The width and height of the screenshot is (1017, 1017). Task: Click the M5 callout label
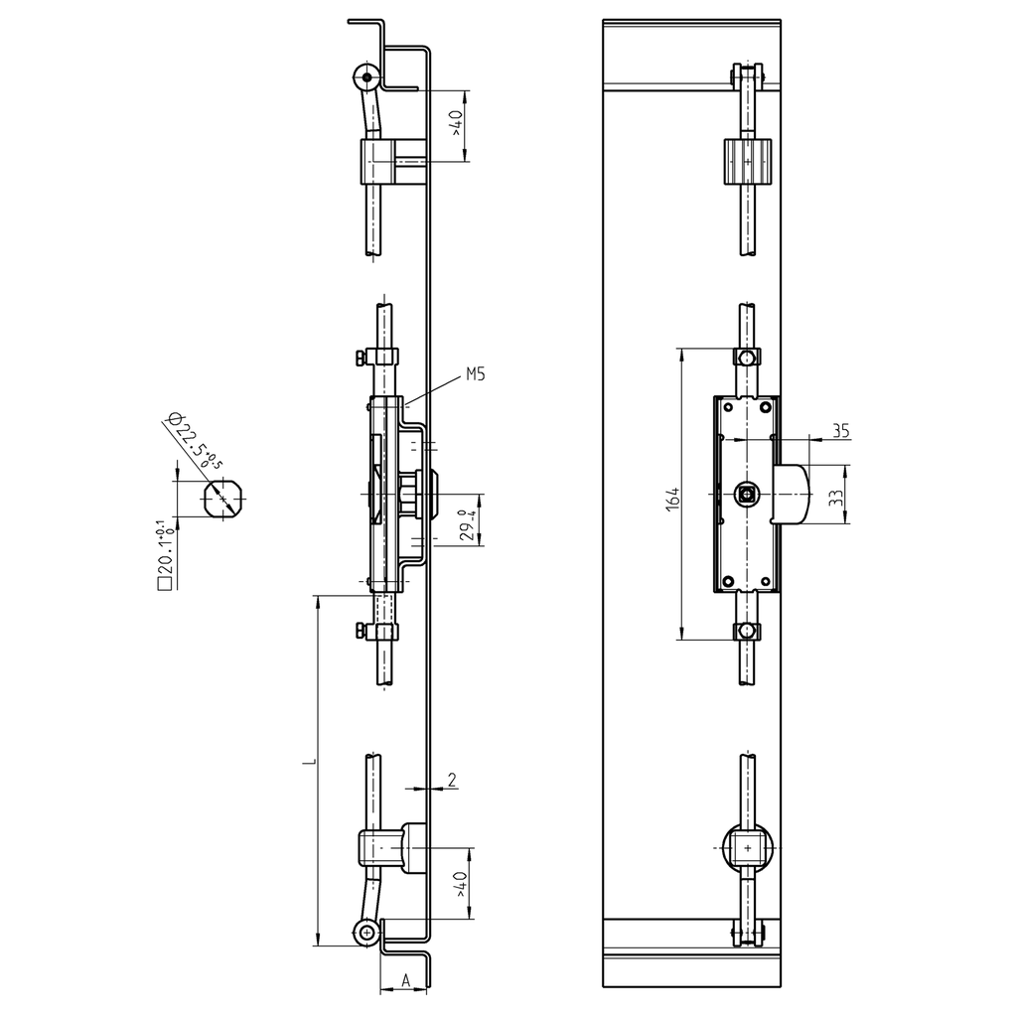[476, 376]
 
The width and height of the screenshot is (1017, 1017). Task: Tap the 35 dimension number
[840, 430]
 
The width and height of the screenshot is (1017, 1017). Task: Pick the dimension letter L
[308, 762]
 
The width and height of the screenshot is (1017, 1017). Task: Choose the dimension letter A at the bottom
[405, 979]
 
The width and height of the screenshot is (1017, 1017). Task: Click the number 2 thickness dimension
[452, 780]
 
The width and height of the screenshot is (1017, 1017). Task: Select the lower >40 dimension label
[459, 883]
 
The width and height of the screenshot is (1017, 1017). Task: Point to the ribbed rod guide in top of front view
[746, 160]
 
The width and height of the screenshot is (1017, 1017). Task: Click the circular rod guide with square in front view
[746, 847]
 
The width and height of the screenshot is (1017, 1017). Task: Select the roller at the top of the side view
[366, 77]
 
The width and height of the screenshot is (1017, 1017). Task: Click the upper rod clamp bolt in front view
[747, 358]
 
